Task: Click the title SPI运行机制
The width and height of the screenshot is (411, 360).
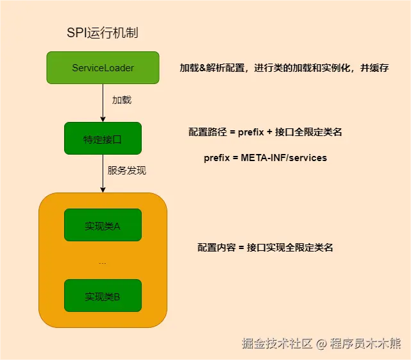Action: coord(103,33)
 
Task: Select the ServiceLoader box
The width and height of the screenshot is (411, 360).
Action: coord(103,67)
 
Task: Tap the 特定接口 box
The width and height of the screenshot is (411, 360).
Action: coord(103,138)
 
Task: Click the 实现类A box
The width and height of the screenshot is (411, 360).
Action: coord(103,225)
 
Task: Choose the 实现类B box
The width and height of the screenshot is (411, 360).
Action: coord(103,296)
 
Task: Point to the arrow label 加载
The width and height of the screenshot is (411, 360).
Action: coord(122,101)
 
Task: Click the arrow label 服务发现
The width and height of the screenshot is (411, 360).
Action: coord(127,171)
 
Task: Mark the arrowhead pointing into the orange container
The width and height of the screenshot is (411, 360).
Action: coord(103,189)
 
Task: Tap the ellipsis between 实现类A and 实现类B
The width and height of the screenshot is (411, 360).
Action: coord(103,262)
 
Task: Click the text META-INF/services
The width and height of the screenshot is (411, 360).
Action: coord(284,157)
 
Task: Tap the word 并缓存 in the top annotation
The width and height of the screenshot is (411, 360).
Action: coord(375,68)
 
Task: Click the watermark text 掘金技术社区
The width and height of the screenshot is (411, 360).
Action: coord(277,343)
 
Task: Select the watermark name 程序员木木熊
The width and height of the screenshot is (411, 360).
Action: coord(365,343)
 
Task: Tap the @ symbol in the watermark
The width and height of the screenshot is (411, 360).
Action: coord(321,344)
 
